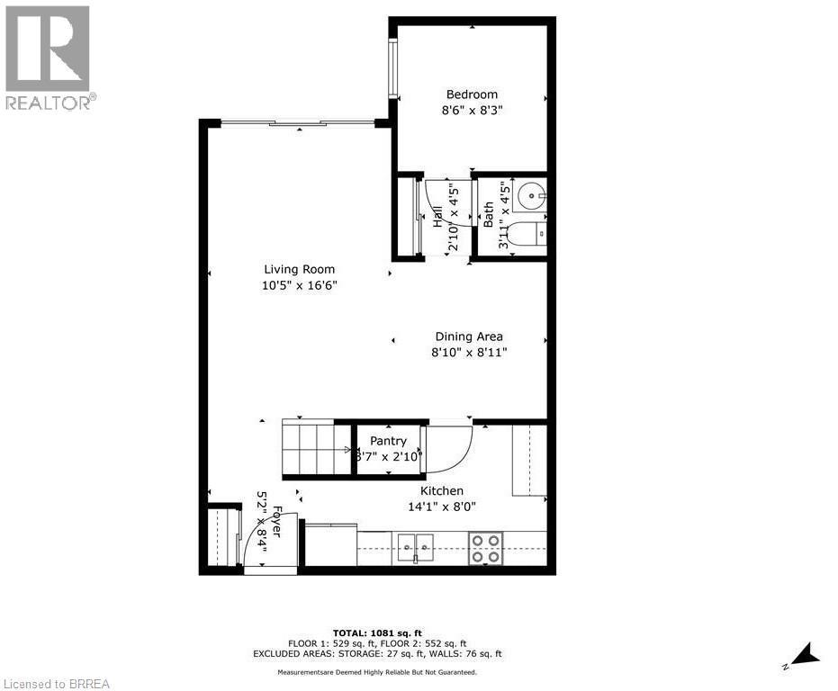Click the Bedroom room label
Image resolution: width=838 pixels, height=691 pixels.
472,94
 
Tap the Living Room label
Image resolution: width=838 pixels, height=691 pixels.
299,269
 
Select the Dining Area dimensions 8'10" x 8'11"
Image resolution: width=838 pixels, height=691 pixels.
469,353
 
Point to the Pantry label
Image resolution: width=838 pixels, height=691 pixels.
388,441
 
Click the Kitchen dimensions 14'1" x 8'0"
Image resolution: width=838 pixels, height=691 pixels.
442,507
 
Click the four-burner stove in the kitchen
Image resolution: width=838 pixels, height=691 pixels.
486,548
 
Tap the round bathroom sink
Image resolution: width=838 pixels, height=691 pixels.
534,193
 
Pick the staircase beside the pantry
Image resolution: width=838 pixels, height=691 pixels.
315,447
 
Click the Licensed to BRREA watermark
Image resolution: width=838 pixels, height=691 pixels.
56,684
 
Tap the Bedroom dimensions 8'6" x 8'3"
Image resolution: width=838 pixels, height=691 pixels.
472,111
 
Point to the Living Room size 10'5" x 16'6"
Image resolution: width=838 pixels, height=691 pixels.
299,286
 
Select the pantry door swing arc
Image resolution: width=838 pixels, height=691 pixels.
451,448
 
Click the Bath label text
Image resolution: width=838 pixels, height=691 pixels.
489,214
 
